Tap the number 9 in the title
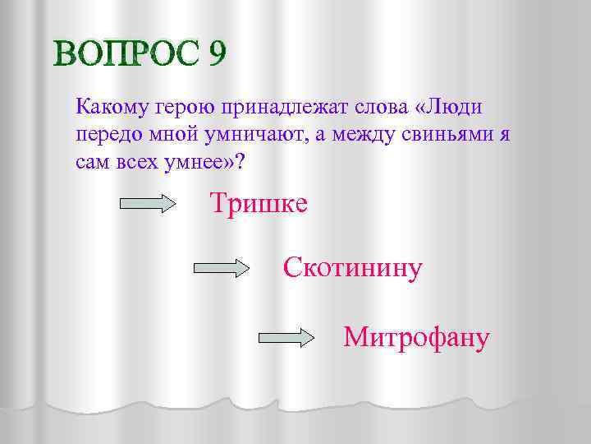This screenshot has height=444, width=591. tap(217, 54)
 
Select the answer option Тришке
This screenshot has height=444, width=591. tap(259, 202)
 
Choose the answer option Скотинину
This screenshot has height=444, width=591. tap(353, 267)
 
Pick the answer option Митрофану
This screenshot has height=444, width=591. tap(417, 336)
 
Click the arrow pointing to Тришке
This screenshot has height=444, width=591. tap(149, 204)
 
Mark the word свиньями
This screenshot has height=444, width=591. tap(442, 134)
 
